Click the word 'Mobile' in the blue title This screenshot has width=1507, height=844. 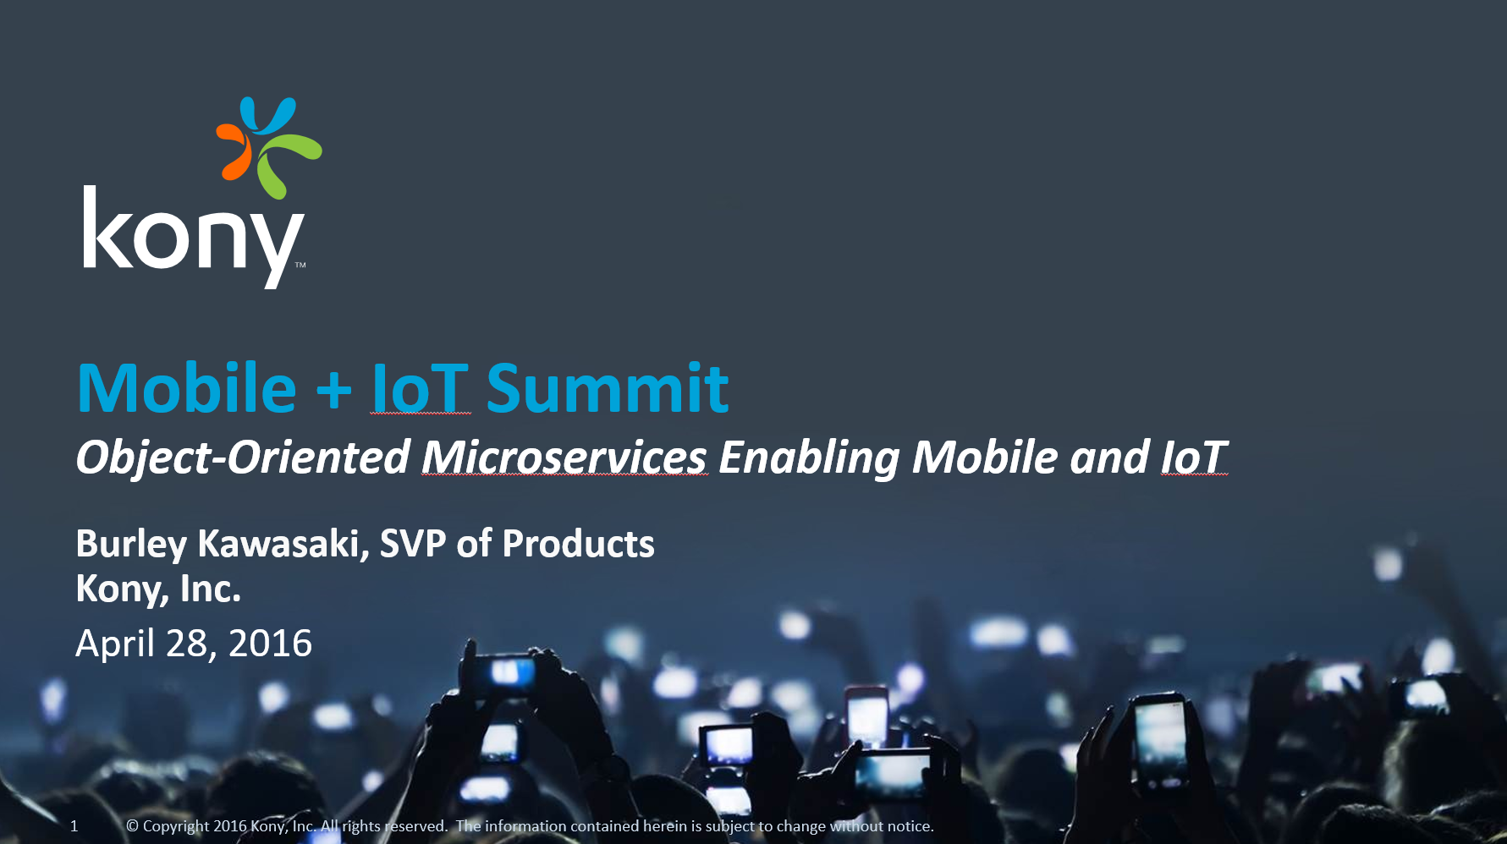click(187, 389)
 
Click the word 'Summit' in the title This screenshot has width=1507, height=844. click(608, 389)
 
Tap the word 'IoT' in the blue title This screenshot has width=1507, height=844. click(420, 389)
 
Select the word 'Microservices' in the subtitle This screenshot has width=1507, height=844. click(564, 458)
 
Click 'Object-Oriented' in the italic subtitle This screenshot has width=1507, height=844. click(244, 459)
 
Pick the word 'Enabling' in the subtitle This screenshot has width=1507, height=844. click(809, 459)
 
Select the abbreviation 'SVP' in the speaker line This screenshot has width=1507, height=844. click(413, 544)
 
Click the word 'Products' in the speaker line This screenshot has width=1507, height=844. click(579, 544)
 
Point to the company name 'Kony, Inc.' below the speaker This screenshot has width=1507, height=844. click(158, 589)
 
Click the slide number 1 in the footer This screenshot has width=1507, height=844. click(74, 826)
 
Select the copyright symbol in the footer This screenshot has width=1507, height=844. click(132, 826)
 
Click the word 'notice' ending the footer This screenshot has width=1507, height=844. click(910, 826)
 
